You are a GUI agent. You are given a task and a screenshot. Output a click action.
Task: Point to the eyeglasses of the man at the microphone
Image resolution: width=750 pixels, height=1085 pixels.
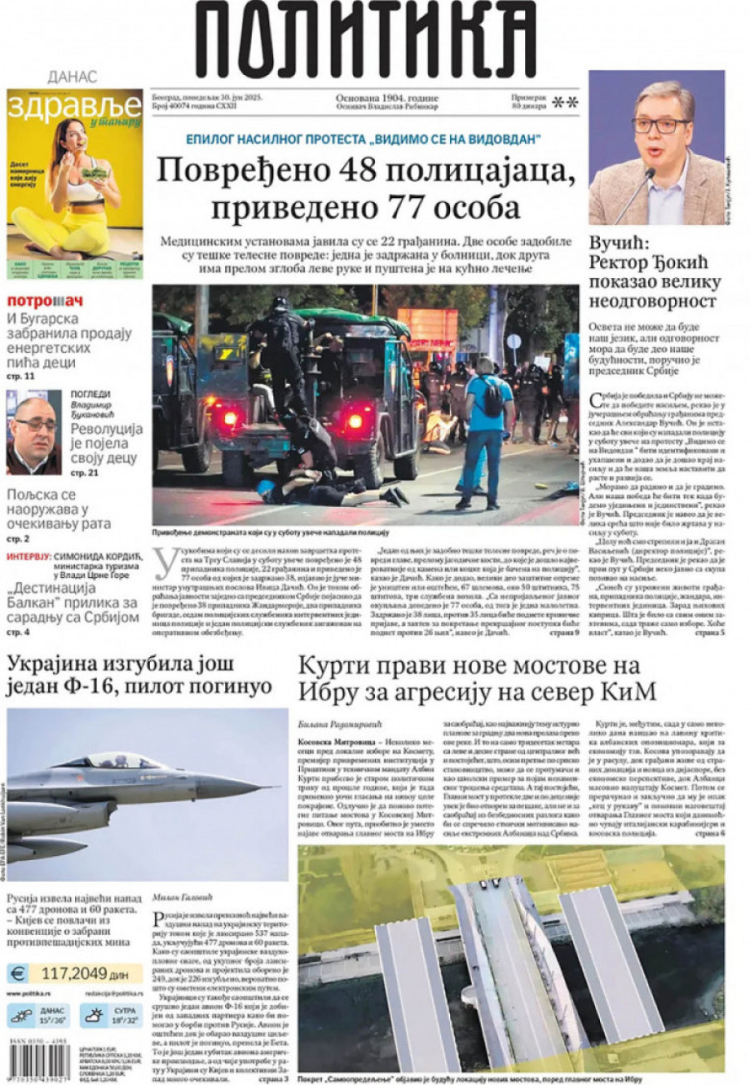pos(660,125)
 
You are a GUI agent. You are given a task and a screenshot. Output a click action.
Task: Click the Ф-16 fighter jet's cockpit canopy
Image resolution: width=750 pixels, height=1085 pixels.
pos(113,760)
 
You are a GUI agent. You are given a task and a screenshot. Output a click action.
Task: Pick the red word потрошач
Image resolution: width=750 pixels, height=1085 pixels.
pos(45,301)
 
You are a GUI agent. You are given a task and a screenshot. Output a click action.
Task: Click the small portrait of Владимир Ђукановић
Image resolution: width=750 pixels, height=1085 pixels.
pos(32,433)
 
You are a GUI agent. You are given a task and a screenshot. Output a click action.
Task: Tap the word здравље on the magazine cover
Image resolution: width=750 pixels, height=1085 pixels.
pos(74,107)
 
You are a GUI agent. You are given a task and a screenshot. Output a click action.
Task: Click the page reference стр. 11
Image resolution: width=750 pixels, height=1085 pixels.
pos(21,376)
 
